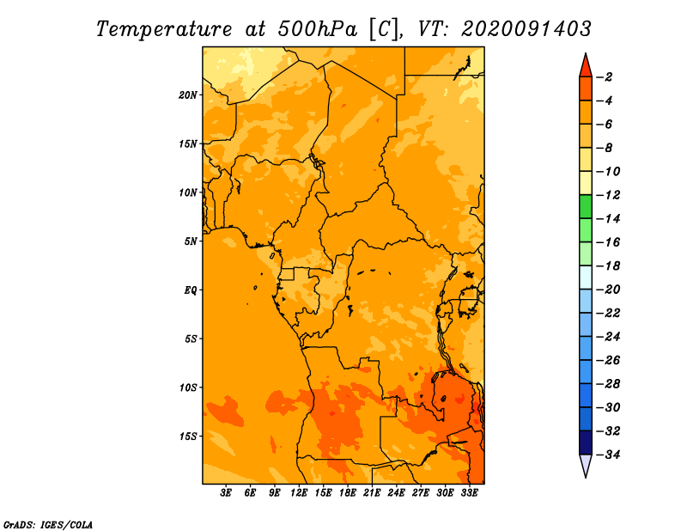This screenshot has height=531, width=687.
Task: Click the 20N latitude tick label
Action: [188, 95]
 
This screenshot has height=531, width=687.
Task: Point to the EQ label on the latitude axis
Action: [191, 290]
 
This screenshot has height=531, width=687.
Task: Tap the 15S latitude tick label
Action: [188, 436]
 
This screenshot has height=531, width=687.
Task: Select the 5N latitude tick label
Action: [191, 241]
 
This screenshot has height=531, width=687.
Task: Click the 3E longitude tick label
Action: [226, 493]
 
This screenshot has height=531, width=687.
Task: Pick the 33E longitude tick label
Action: [469, 493]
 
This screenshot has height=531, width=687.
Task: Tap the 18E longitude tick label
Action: [348, 493]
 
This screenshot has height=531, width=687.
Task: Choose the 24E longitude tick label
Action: [396, 493]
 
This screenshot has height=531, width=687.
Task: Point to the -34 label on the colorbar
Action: [608, 455]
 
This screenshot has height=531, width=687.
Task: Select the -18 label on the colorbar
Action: [608, 266]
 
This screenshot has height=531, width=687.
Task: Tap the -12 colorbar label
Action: [608, 195]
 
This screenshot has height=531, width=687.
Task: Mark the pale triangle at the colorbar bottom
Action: [586, 464]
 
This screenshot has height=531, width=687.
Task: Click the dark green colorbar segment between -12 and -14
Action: [586, 207]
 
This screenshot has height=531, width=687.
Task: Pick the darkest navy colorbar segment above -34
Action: [586, 442]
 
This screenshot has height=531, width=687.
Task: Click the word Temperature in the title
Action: [164, 29]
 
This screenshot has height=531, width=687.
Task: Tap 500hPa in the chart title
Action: [318, 29]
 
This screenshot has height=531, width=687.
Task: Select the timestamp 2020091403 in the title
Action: [526, 29]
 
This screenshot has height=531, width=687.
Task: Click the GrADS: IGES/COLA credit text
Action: [48, 525]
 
